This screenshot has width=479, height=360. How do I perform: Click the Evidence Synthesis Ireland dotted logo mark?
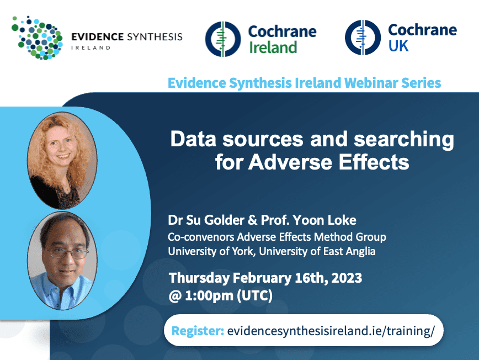coord(37,38)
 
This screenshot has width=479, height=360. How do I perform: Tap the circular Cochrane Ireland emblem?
coord(223,39)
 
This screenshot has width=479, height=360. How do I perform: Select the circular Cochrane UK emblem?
coord(363,38)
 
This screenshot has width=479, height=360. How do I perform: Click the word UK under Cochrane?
coord(398,46)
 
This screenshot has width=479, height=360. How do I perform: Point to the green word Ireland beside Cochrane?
coord(273,47)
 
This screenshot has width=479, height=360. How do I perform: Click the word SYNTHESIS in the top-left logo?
coord(155,37)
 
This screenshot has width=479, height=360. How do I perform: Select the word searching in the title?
coord(403,140)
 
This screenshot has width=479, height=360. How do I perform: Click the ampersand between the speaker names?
coord(253,220)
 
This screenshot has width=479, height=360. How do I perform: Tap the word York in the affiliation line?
coord(243,251)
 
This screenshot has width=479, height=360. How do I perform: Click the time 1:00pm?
coord(209,295)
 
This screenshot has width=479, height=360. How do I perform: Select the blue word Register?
coord(198,331)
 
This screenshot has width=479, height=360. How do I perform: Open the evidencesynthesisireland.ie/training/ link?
coord(331,331)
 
